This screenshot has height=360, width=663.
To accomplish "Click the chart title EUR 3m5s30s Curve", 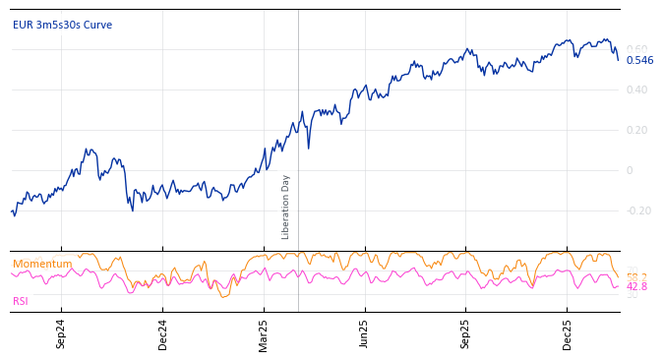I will [62, 26].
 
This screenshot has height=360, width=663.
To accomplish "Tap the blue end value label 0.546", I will [639, 61].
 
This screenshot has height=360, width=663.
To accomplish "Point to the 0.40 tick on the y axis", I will [637, 90].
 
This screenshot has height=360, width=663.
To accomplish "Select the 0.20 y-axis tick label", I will [637, 131].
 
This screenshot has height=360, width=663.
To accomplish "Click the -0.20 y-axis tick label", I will [638, 211].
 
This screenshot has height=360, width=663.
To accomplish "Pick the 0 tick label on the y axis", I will [630, 171].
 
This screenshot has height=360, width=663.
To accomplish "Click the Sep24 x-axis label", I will [61, 333].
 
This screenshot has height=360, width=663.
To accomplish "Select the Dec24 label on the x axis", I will [162, 333].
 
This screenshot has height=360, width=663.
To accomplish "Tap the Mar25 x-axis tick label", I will [264, 333].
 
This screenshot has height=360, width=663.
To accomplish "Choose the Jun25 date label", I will [364, 333].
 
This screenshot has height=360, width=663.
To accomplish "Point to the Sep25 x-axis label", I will [465, 333].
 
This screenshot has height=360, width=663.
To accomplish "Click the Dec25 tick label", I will [567, 333].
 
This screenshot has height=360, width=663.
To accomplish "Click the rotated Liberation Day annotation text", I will [286, 207].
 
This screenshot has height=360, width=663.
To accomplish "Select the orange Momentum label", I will [42, 265].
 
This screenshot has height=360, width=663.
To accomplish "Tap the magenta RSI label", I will [21, 302].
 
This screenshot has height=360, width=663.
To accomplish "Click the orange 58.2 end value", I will [636, 277].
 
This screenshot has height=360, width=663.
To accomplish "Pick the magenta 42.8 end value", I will [636, 287].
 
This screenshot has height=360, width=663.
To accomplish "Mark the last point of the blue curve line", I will [619, 60].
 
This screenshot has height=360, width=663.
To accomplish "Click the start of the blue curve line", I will [11, 211].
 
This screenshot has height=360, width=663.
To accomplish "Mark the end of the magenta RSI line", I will [619, 285].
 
